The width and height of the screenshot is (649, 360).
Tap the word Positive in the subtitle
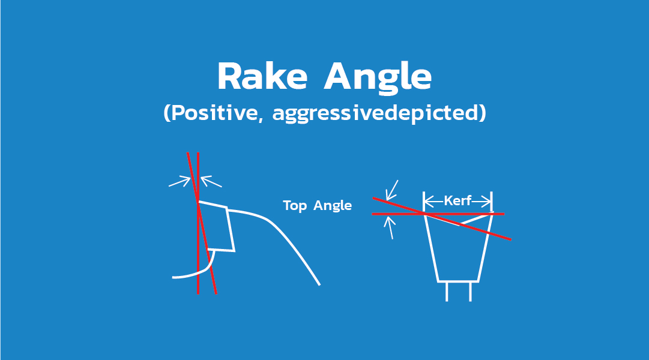[x=213, y=114]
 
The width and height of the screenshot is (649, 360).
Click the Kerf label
[x=457, y=201]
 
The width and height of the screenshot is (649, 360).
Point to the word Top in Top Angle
[x=295, y=206]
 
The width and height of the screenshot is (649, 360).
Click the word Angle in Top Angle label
[x=333, y=206]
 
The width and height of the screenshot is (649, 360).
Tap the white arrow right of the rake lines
[x=211, y=181]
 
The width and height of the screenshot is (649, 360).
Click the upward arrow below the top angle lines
[x=391, y=228]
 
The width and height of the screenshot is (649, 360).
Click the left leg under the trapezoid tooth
[x=447, y=291]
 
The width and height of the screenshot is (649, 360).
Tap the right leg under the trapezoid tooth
[x=470, y=291]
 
